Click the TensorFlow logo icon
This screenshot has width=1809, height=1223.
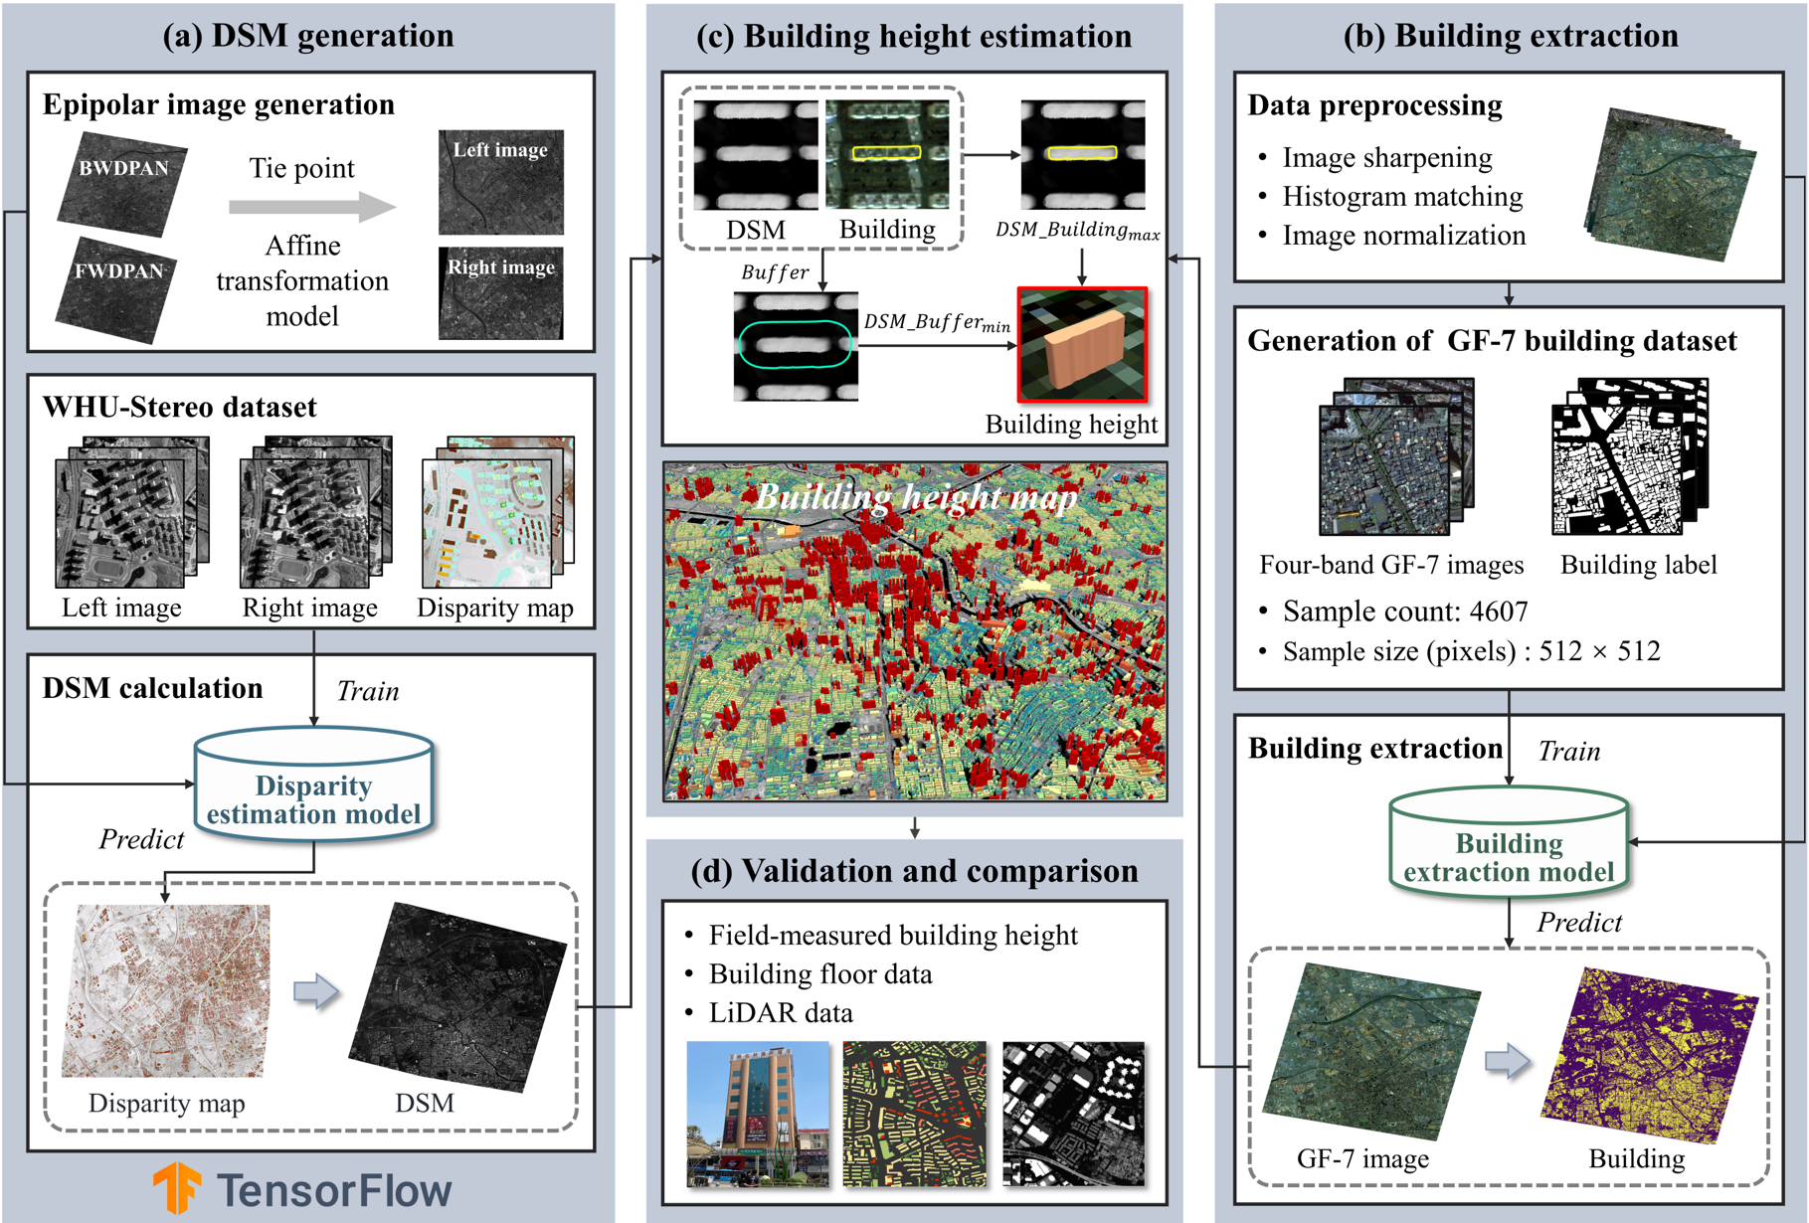click(177, 1187)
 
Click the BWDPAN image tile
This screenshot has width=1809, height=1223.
click(122, 184)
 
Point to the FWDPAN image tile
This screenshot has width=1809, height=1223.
click(116, 288)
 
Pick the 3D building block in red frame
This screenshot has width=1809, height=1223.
click(1082, 345)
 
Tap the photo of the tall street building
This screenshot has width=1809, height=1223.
click(757, 1114)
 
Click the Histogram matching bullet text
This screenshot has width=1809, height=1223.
click(1401, 197)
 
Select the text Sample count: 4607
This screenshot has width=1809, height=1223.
click(1404, 611)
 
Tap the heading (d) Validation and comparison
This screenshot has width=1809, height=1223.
click(914, 871)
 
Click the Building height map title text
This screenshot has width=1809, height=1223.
click(915, 496)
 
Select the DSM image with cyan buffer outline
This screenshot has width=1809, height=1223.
click(796, 346)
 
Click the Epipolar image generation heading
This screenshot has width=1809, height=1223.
click(219, 104)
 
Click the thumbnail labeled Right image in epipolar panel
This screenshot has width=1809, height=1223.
click(501, 292)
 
